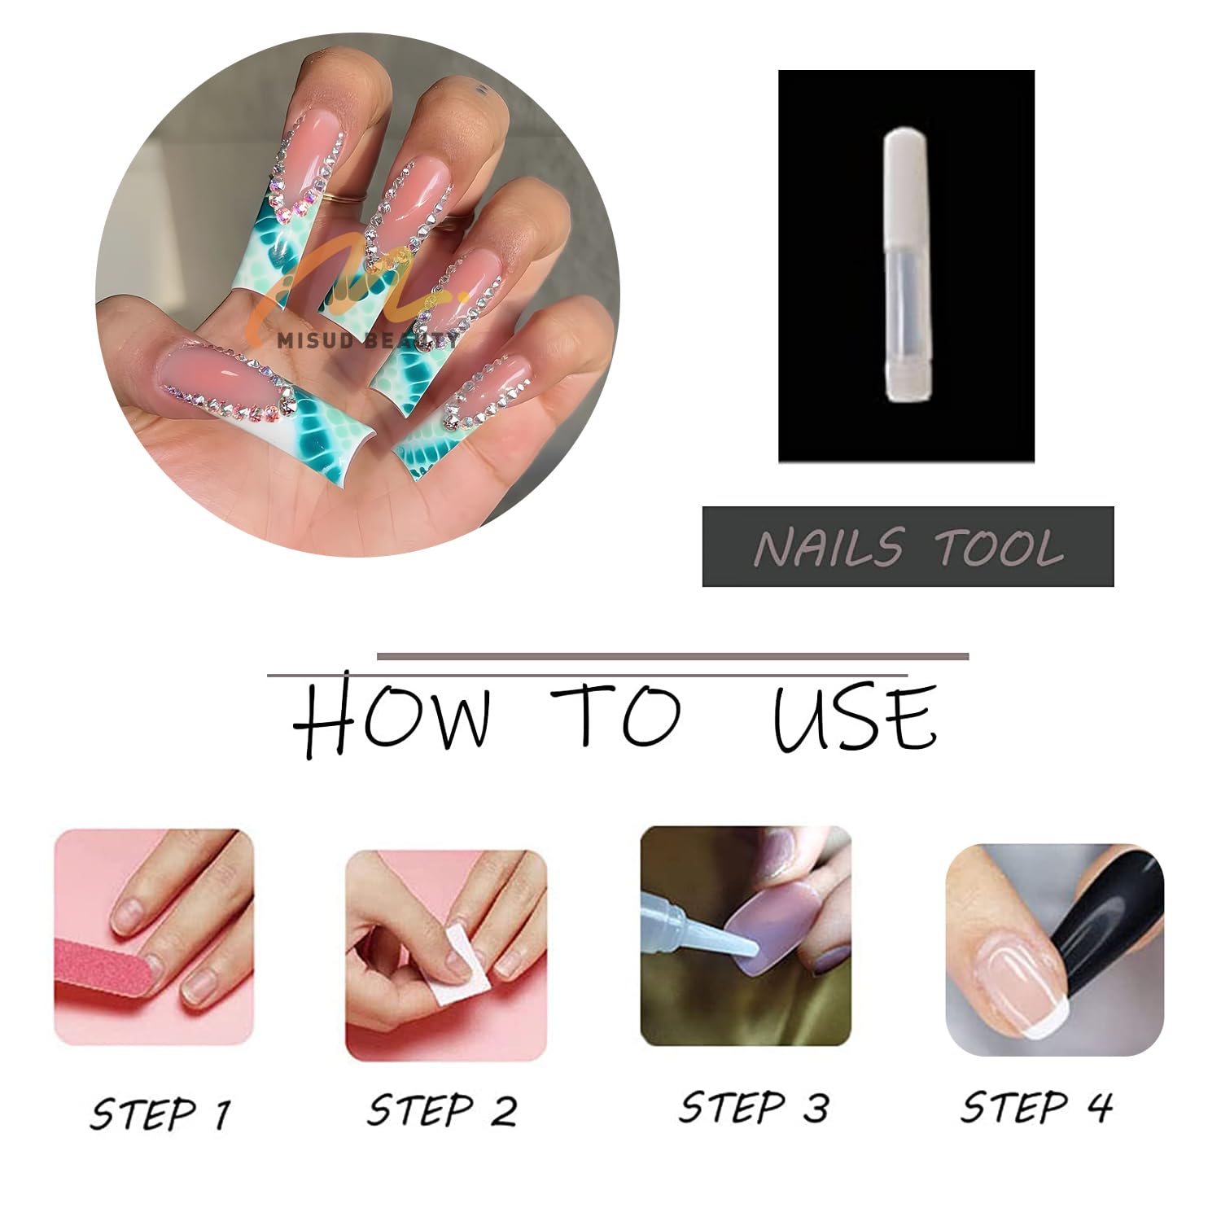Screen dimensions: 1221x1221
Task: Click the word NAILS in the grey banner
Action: pyautogui.click(x=829, y=547)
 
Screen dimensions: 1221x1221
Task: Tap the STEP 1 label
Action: pyautogui.click(x=160, y=1113)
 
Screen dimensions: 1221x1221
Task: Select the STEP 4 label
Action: pyautogui.click(x=1036, y=1106)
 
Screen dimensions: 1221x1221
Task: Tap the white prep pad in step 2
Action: pyautogui.click(x=458, y=966)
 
